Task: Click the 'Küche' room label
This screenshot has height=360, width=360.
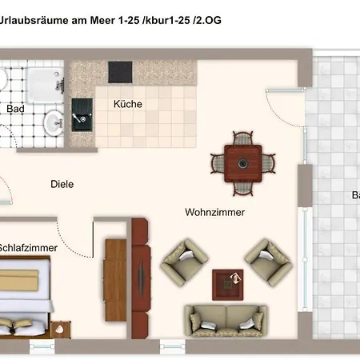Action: (128, 104)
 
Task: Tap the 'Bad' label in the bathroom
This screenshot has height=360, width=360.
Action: (15, 109)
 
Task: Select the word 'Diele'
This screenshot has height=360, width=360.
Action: (62, 184)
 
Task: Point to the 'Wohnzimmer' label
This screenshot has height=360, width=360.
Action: (214, 212)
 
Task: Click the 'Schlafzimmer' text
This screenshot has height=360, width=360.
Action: (29, 248)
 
